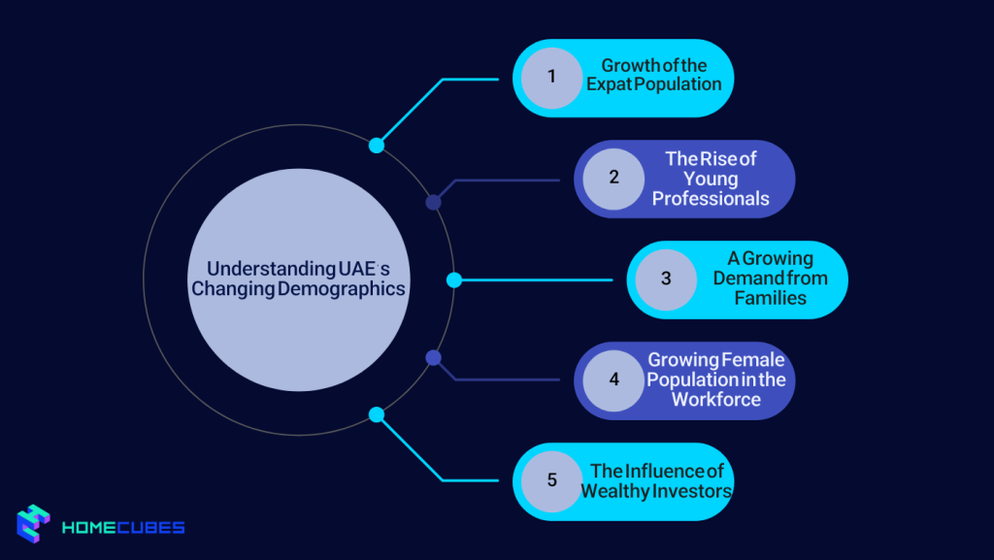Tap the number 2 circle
click(613, 179)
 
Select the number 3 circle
click(666, 280)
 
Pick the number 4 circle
click(613, 379)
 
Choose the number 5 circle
click(551, 480)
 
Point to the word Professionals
click(711, 199)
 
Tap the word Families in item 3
click(770, 298)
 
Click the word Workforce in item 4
click(716, 399)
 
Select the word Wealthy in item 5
click(614, 490)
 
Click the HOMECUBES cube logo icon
click(33, 524)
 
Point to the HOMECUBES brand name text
click(123, 529)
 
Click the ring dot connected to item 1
click(377, 146)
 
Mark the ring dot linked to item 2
click(434, 202)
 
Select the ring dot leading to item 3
click(453, 280)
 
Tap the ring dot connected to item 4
click(434, 357)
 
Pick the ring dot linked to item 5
click(377, 414)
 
